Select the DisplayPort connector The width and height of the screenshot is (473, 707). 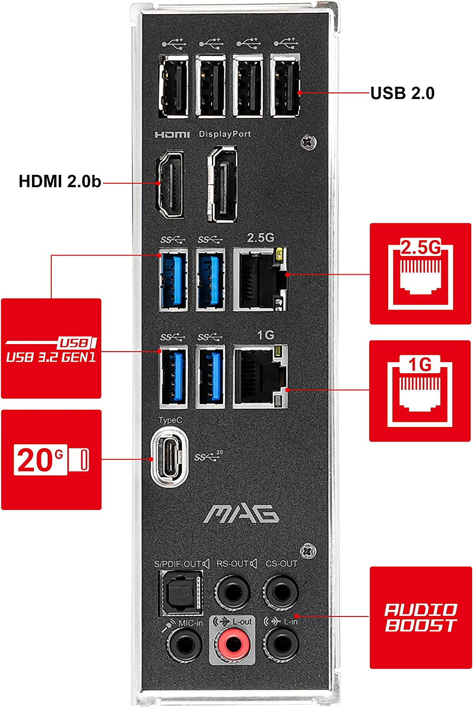(222, 184)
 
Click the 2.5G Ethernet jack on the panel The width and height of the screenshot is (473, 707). (260, 280)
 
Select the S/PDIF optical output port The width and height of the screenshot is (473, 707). (181, 593)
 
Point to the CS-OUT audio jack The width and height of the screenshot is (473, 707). (280, 592)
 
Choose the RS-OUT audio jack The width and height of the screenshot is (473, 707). (232, 592)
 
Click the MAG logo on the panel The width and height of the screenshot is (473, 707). (241, 514)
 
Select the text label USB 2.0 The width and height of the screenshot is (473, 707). (402, 93)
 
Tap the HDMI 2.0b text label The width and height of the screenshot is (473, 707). (60, 181)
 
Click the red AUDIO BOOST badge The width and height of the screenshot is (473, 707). (420, 617)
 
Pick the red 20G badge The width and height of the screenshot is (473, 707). (51, 460)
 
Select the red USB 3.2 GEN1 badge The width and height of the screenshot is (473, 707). (51, 348)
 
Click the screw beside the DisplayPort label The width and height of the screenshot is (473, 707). (308, 142)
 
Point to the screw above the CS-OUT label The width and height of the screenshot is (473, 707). (308, 550)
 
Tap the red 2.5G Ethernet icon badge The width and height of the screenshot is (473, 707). (420, 274)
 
